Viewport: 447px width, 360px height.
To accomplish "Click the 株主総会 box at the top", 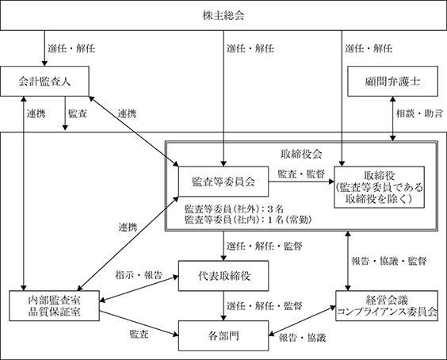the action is [x=223, y=15].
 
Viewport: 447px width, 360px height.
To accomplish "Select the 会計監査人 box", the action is [x=44, y=82].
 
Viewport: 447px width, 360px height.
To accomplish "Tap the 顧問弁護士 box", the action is [x=392, y=82].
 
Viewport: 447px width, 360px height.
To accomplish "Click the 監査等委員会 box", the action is [x=223, y=182].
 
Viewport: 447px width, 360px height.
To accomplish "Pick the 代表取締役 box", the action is [x=223, y=276].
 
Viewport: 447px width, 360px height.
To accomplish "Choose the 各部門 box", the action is [x=223, y=335].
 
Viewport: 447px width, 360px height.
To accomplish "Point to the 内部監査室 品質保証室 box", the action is [x=54, y=306].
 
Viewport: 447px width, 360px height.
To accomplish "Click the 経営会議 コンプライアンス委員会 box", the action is [x=387, y=306].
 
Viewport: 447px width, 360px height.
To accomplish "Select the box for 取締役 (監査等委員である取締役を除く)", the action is [x=379, y=187].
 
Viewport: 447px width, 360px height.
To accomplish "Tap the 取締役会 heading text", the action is [x=301, y=154].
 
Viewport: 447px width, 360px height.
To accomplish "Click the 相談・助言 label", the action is [x=419, y=113].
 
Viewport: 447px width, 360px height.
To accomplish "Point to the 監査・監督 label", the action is [x=301, y=174].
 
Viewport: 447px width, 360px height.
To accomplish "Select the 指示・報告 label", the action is [x=139, y=274].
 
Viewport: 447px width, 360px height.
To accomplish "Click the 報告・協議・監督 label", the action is [x=389, y=261].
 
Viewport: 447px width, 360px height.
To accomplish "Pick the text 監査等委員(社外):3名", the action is [x=234, y=209].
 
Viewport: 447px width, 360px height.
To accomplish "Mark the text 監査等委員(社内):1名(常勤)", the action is [x=248, y=220].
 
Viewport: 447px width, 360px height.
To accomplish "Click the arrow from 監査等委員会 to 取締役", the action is [x=301, y=182].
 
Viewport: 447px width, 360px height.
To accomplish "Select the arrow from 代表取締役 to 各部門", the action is [x=223, y=306].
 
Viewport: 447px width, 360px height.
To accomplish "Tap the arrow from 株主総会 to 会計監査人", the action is [x=44, y=48].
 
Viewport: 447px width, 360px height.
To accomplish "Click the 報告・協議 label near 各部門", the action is [x=302, y=338].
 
